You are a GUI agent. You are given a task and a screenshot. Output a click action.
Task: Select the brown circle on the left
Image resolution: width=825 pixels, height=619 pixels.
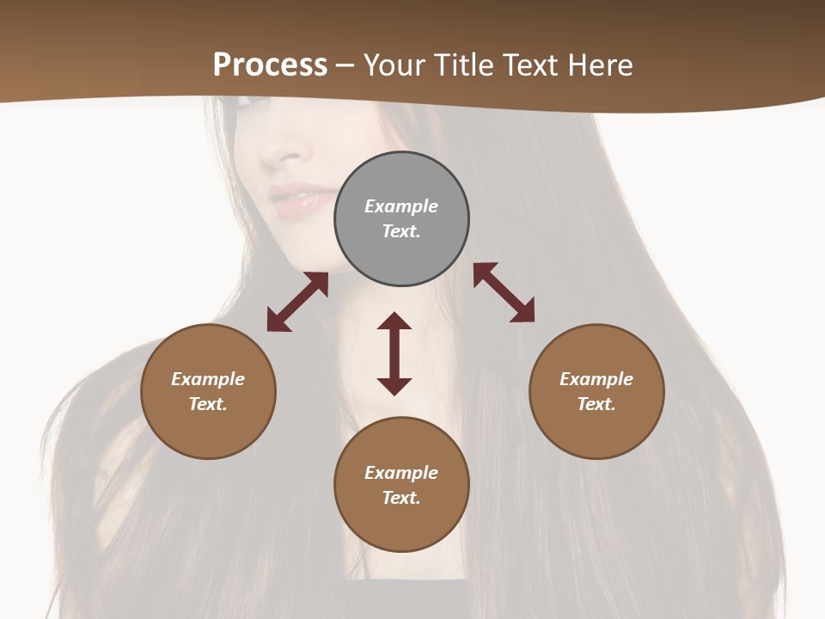pos(208,391)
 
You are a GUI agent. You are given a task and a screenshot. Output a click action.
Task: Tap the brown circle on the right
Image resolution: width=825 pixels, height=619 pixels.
pos(596,391)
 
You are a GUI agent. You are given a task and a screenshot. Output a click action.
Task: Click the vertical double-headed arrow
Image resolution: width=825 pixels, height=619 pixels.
pos(394,353)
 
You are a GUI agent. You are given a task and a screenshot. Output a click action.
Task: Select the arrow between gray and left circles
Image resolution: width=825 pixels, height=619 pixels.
pos(297,302)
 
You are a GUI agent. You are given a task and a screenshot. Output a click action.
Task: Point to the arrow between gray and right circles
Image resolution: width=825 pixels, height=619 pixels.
pos(504,292)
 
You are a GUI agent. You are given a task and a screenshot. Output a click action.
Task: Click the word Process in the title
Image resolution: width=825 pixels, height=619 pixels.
pos(270,64)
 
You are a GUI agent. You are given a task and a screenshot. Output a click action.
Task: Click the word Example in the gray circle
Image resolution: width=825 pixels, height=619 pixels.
pos(401,206)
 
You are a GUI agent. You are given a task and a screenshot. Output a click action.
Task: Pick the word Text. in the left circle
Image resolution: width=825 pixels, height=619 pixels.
pos(208,404)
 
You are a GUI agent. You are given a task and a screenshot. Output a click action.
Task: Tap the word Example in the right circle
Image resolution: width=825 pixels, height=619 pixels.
pos(596,379)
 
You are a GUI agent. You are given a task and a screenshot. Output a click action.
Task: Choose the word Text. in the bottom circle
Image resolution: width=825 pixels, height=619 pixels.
pos(401,498)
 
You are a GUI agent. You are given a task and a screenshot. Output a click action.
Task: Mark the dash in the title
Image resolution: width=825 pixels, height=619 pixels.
pos(345,65)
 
